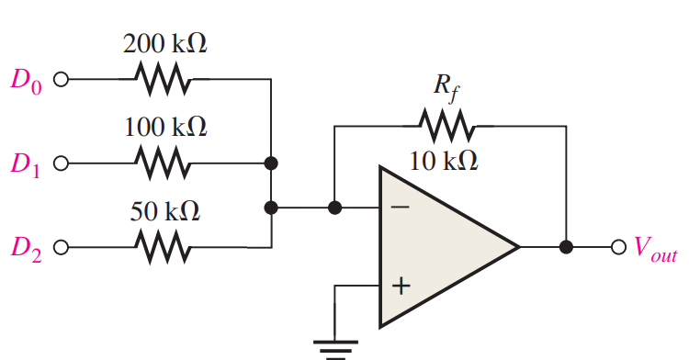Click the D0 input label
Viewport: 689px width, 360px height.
pos(27,80)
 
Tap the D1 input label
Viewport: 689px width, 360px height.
pos(27,164)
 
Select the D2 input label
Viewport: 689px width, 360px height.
pos(27,248)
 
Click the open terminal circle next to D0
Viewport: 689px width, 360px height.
pos(62,80)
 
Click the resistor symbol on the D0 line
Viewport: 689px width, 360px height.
pos(164,80)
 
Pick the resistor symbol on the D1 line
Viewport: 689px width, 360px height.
pos(164,164)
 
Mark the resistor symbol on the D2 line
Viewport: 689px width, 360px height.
pos(164,247)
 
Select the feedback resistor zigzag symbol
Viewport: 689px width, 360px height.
pos(446,122)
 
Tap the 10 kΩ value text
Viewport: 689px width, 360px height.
pos(444,161)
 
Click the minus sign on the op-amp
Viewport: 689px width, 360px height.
pos(400,208)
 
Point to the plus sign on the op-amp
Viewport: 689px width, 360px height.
pos(400,286)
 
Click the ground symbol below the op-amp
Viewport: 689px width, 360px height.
pos(335,347)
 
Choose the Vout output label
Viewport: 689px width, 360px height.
pos(654,248)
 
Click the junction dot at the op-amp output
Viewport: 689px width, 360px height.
pos(567,247)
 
